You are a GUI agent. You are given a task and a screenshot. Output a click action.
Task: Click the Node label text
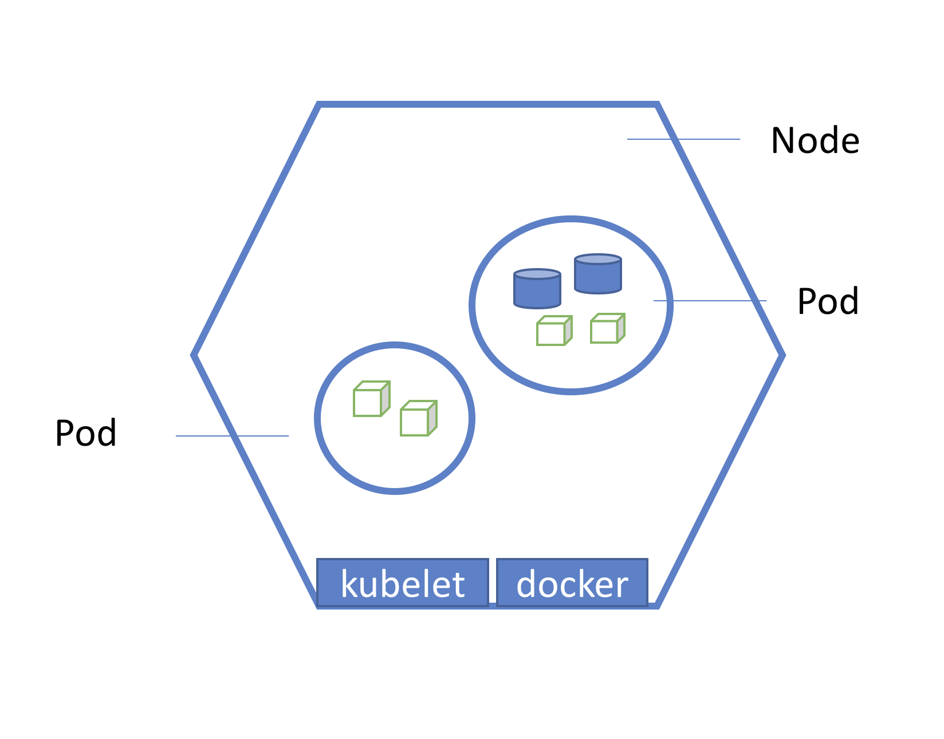point(815,140)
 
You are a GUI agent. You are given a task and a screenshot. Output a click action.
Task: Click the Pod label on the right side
point(828,301)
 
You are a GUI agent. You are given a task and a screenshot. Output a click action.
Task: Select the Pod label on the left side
point(86,433)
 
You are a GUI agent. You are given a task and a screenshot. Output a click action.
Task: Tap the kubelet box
point(402,583)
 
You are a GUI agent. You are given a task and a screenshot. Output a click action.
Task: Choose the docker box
point(572,583)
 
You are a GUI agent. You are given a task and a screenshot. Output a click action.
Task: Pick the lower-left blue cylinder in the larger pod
point(537,289)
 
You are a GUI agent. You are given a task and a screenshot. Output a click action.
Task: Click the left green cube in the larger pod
point(553,331)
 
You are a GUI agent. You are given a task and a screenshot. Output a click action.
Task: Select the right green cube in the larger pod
point(607,329)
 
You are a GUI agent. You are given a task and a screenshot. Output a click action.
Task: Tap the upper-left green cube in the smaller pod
point(371,399)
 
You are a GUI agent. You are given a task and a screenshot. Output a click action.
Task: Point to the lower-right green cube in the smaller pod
point(418,419)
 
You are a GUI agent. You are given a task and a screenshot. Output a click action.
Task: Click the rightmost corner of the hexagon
point(782,355)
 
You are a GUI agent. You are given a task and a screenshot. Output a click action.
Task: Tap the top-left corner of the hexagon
point(319,105)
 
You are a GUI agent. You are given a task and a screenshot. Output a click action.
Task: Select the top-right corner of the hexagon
point(656,105)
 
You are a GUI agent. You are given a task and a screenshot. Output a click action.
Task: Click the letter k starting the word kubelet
point(349,584)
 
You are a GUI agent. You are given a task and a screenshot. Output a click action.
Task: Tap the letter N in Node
point(784,140)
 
